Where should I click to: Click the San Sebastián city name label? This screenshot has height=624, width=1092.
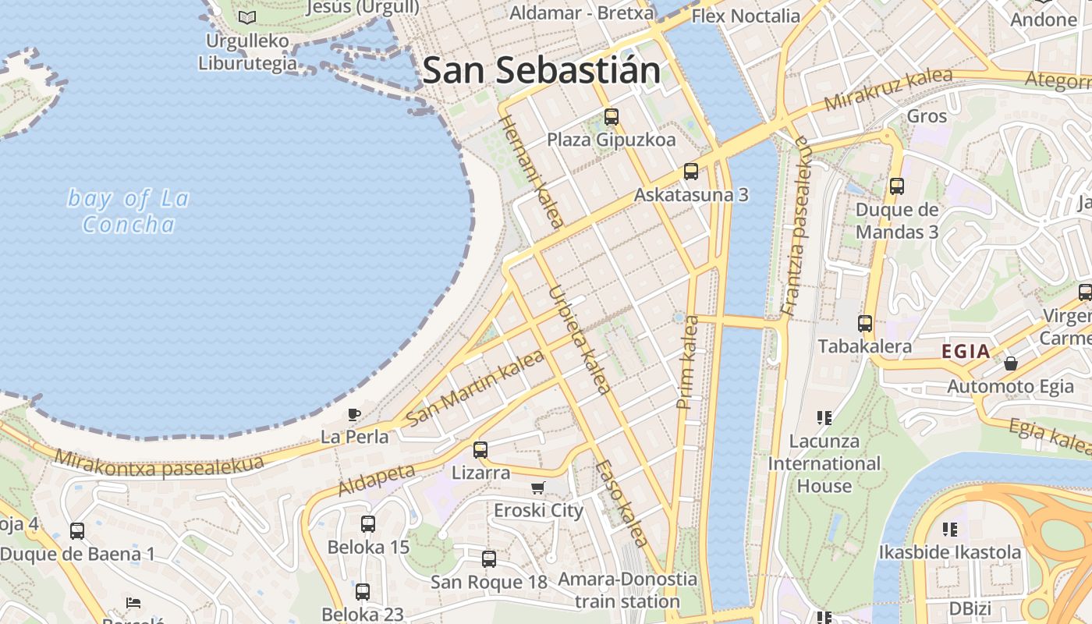click(x=541, y=70)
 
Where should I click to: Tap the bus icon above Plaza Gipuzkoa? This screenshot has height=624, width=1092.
click(x=612, y=117)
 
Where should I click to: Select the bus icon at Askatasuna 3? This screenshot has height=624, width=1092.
click(x=690, y=172)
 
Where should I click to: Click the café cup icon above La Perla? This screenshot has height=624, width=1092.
click(x=354, y=414)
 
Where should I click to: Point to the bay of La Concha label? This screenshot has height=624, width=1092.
click(x=129, y=211)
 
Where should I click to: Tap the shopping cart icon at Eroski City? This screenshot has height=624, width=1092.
click(x=537, y=488)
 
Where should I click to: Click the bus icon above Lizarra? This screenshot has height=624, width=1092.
click(x=480, y=450)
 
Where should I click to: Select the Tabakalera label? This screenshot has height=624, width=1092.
click(x=864, y=346)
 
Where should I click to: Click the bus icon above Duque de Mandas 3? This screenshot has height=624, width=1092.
click(x=897, y=186)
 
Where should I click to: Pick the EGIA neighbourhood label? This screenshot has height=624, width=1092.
click(x=966, y=351)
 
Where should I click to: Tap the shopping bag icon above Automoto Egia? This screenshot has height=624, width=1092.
click(x=1011, y=363)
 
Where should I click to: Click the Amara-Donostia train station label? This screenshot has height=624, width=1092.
click(x=627, y=590)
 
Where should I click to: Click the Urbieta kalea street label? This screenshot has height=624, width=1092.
click(x=579, y=340)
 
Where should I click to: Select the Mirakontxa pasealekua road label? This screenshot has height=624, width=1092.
click(x=159, y=466)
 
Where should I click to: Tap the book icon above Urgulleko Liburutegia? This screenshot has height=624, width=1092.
click(x=247, y=17)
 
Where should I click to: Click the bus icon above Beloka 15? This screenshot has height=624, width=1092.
click(x=368, y=524)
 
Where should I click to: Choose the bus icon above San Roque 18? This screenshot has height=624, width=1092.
click(x=489, y=559)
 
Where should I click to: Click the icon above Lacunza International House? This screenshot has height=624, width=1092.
click(x=824, y=418)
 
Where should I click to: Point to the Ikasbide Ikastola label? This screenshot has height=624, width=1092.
click(x=949, y=552)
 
